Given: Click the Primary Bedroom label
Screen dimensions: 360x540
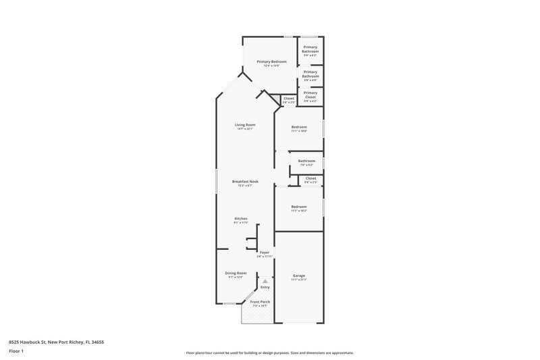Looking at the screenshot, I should click(271, 61).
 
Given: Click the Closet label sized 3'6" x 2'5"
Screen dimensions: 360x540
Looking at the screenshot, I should click(289, 99).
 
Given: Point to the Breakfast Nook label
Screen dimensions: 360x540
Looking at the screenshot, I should click(245, 182).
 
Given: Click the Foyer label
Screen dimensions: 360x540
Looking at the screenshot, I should click(265, 253).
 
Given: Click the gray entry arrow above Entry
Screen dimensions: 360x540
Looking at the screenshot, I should click(265, 280).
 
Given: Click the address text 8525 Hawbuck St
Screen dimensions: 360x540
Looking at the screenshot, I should click(33, 342).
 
